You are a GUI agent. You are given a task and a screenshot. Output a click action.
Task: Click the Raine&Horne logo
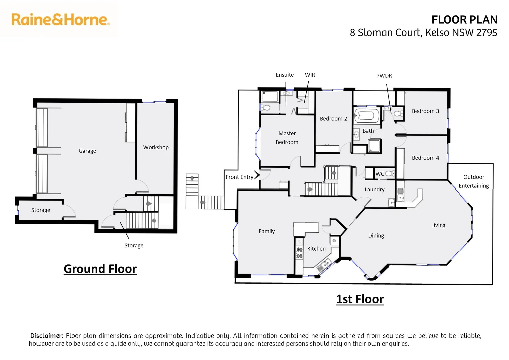pos(60,20)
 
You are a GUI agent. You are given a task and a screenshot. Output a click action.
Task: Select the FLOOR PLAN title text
pos(464,20)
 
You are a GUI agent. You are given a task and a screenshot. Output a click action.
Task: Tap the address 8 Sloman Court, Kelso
pos(423,33)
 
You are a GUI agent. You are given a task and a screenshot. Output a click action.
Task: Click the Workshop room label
pos(156,147)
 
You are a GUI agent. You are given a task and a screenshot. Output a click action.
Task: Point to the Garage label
pos(87,151)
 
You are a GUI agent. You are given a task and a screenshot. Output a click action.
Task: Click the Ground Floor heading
pos(100,269)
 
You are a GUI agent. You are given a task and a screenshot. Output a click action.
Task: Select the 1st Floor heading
pos(360,299)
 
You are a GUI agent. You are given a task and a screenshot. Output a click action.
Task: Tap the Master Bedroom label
pos(287,138)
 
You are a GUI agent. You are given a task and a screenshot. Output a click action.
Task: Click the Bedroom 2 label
pos(333,119)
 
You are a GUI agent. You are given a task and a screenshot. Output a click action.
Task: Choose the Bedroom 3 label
pos(425,111)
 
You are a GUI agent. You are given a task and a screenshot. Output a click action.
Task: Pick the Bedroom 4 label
pos(425,158)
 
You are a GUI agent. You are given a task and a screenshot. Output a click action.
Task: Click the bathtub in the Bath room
pos(366,116)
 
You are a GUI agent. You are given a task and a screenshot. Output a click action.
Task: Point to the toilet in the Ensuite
pos(266,107)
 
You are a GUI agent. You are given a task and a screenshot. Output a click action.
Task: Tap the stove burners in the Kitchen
pos(299,253)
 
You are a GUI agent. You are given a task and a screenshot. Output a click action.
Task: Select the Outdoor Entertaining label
pos(473,181)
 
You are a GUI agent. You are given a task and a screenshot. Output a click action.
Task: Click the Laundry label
pos(374,189)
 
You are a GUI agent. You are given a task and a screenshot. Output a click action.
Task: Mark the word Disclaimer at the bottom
pos(46,336)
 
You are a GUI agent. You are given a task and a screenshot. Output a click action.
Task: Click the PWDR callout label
pos(384,76)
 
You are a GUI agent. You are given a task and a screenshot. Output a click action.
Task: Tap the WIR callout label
pos(310,75)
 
